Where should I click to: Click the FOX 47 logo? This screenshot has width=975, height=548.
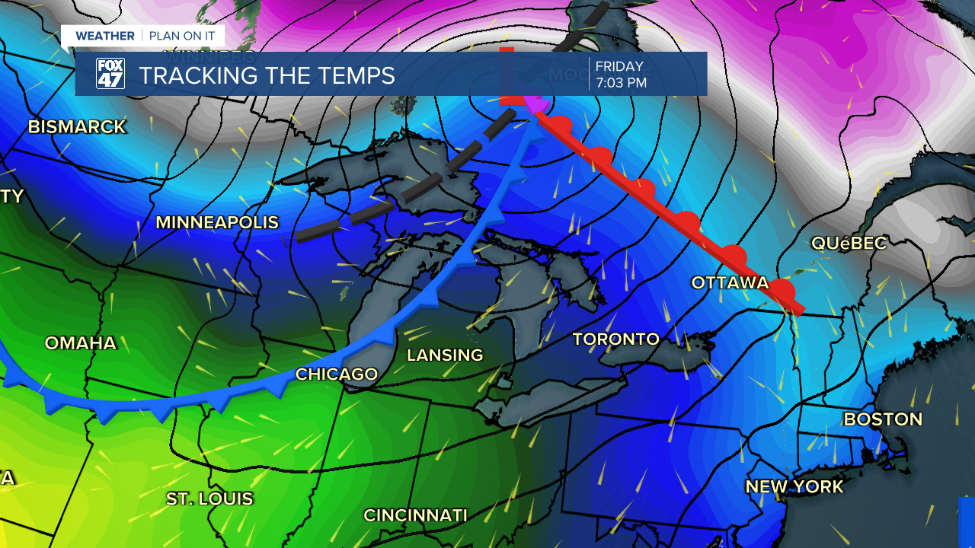[110, 74]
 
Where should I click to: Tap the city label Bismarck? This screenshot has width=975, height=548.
[77, 127]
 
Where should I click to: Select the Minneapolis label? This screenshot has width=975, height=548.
[217, 223]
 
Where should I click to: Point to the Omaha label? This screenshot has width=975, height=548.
[81, 343]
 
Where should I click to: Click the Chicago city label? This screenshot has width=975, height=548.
[337, 374]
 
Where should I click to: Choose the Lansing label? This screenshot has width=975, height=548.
[445, 355]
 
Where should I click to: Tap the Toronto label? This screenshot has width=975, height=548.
[615, 339]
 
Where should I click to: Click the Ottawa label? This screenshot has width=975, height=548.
[730, 283]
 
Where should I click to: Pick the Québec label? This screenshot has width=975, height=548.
[849, 244]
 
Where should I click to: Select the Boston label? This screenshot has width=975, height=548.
[883, 419]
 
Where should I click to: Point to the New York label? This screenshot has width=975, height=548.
[794, 487]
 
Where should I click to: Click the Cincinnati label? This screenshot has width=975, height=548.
[415, 515]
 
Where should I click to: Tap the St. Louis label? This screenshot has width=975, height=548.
[209, 499]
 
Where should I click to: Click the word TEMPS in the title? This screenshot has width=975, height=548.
[355, 75]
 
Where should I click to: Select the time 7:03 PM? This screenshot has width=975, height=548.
[621, 83]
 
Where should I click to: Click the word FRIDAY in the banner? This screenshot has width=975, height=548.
[619, 66]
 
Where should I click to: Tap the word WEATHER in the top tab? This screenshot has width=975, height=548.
[105, 36]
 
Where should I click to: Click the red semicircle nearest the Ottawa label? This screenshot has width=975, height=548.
[782, 289]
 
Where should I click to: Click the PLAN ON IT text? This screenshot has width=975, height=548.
[182, 36]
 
